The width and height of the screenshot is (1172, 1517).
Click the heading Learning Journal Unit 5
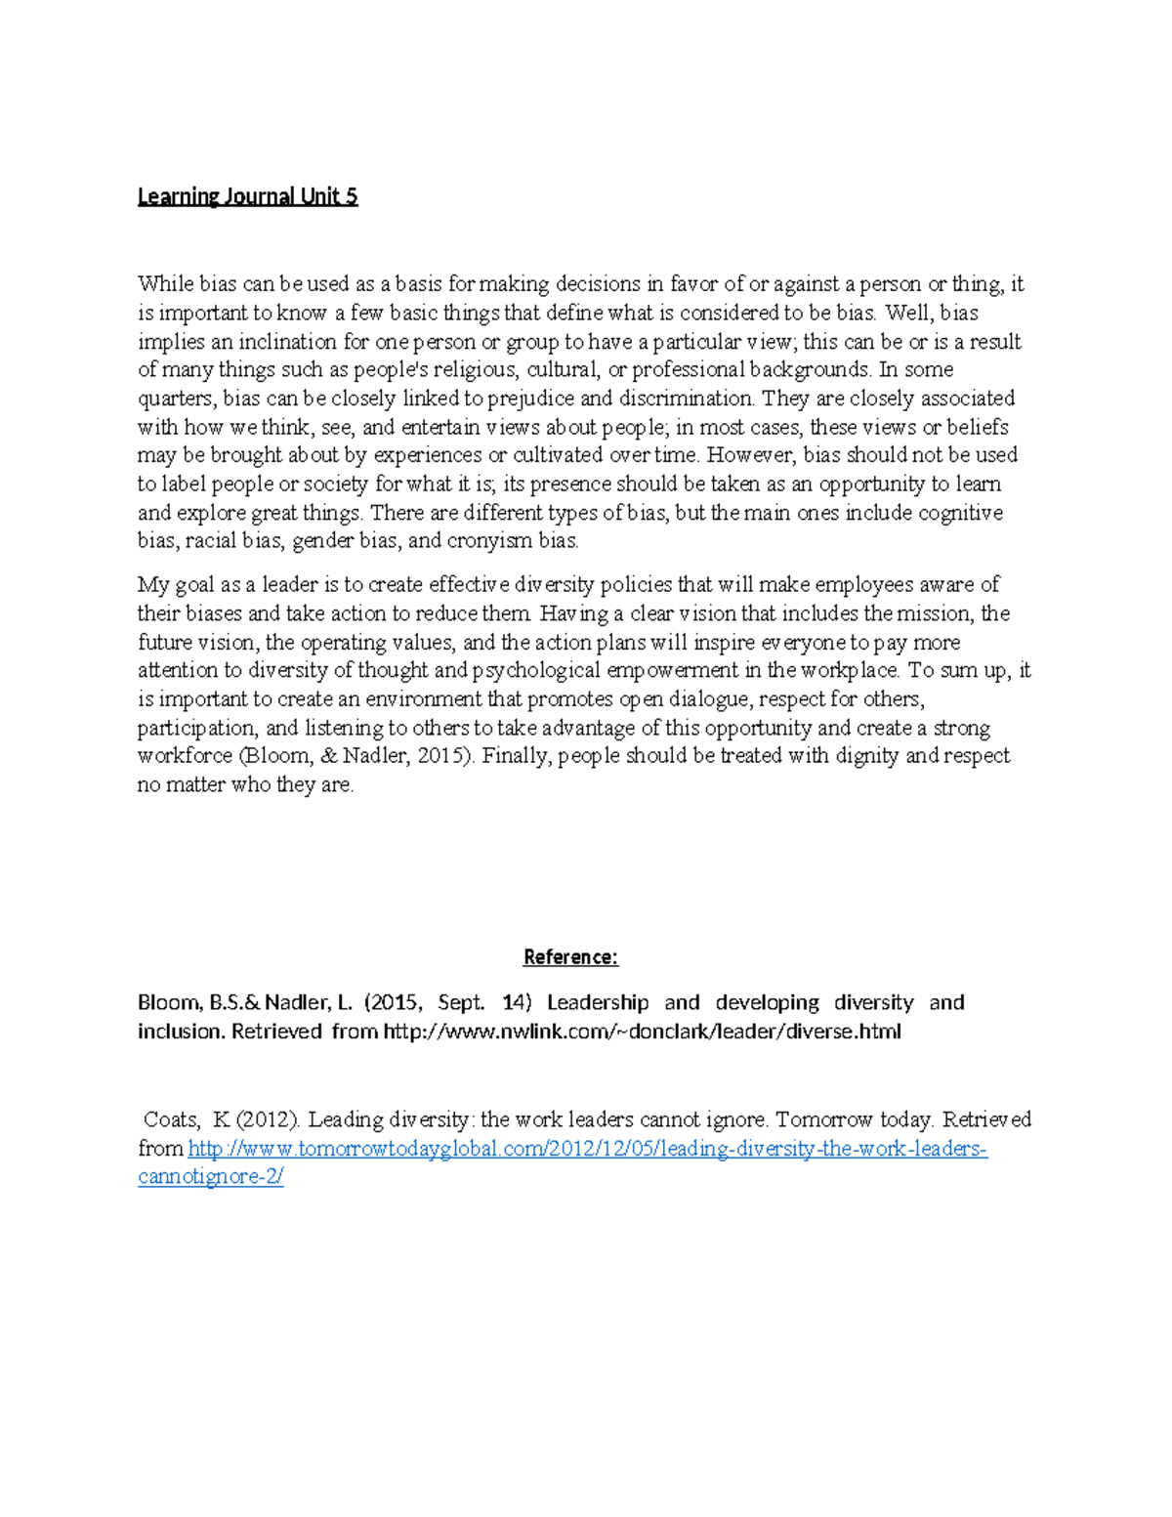click(247, 196)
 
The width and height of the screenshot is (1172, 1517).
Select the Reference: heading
click(570, 957)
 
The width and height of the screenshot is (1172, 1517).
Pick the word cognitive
click(961, 513)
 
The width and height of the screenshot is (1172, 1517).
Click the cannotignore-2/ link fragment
click(211, 1177)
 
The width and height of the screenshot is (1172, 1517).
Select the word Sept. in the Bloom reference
click(461, 1003)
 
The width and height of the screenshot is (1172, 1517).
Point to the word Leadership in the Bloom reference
click(598, 1003)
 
